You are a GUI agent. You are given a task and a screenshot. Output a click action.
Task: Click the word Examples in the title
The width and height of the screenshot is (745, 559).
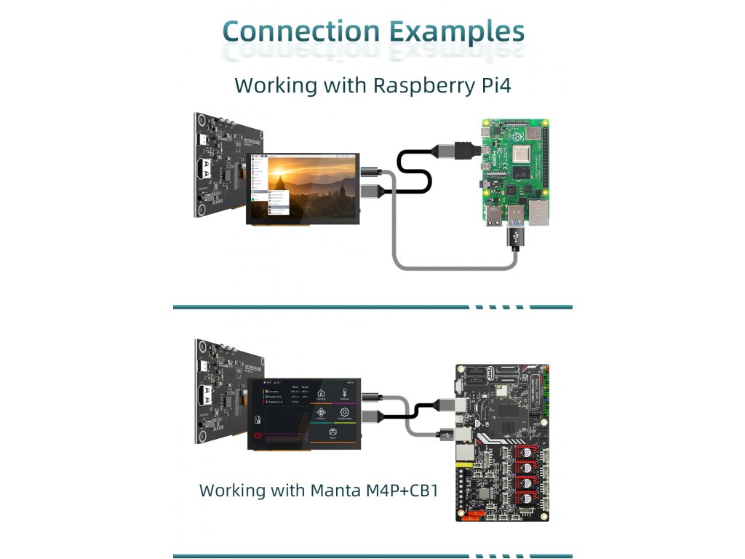(456, 32)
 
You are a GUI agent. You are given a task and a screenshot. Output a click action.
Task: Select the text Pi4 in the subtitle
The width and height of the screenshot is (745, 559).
(491, 85)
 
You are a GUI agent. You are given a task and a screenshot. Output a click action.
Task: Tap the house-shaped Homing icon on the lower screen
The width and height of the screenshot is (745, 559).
(321, 394)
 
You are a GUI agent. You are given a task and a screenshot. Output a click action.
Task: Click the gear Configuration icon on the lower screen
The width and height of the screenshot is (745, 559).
(345, 415)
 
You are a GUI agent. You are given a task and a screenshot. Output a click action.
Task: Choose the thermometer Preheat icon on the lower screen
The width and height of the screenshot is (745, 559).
(345, 394)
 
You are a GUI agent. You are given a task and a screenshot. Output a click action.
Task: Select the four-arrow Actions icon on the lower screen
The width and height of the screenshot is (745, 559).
(321, 415)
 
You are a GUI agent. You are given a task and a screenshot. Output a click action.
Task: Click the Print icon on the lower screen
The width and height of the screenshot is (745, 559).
(333, 435)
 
